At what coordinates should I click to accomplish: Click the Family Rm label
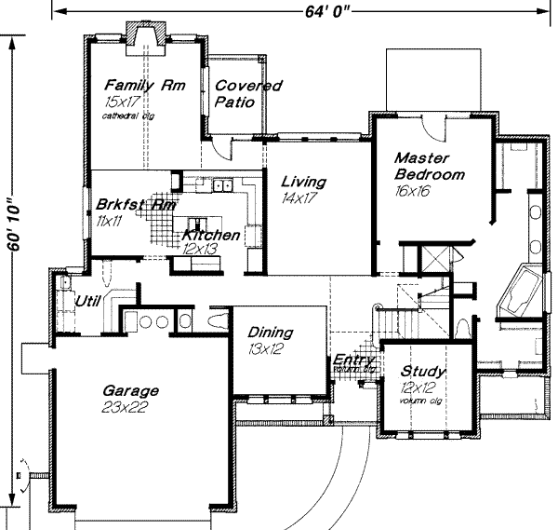click(x=145, y=85)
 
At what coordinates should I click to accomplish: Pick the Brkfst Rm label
click(x=136, y=204)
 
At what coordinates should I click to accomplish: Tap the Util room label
click(x=88, y=301)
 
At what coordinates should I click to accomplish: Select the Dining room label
click(x=271, y=333)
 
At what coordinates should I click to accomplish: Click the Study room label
click(x=423, y=372)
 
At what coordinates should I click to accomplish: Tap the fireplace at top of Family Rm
click(x=145, y=37)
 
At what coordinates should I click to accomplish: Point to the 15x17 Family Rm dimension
click(x=124, y=102)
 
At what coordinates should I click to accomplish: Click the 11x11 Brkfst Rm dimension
click(x=109, y=221)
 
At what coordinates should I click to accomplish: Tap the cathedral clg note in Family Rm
click(x=129, y=116)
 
